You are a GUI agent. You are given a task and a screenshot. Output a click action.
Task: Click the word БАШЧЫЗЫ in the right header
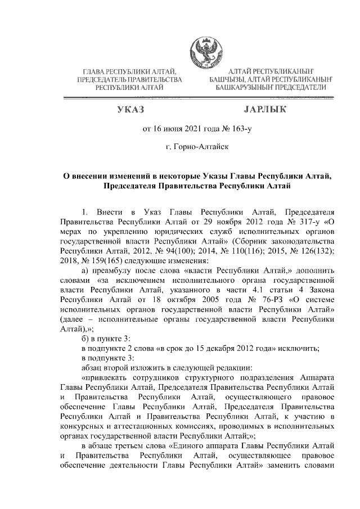[x=231, y=80]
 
